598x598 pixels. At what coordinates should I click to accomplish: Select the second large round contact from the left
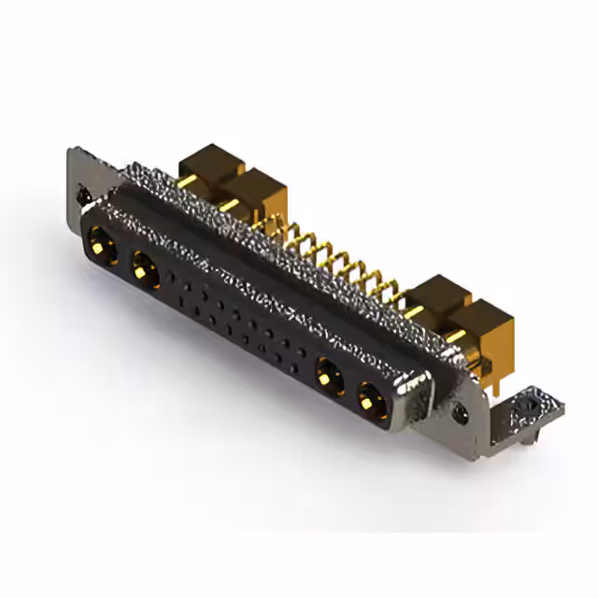pos(144,271)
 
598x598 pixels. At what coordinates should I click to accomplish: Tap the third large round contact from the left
pos(326,377)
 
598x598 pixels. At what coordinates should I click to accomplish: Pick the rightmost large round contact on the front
pos(369,403)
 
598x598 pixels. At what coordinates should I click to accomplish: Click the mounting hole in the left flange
pos(82,196)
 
